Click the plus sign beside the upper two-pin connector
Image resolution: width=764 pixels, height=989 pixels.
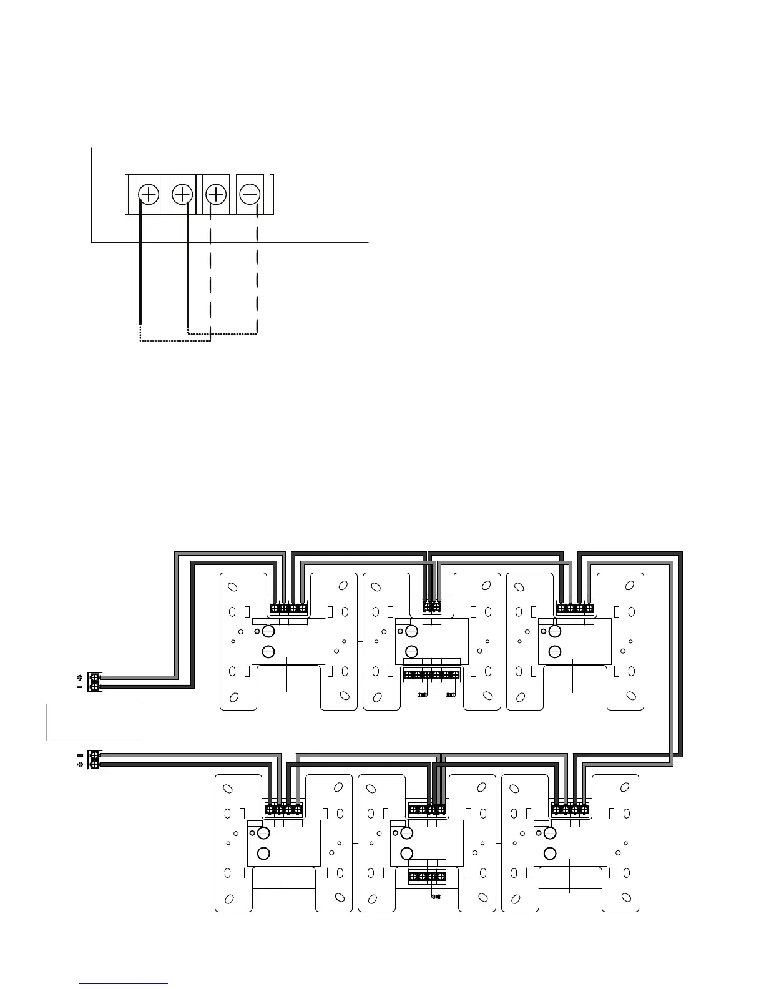79,677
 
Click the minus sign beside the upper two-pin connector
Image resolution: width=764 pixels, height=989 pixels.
79,686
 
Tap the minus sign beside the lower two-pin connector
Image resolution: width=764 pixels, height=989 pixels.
79,755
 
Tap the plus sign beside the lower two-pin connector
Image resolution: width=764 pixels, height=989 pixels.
79,764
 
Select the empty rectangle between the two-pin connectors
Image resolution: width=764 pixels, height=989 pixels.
95,722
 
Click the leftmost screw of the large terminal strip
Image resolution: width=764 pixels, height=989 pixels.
149,194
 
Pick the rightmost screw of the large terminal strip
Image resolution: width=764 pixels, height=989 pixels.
250,194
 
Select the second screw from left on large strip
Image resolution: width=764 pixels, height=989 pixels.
182,194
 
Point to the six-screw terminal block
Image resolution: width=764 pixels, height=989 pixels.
431,674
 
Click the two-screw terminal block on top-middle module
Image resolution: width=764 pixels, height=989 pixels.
431,607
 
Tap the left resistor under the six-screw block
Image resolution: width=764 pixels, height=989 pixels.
422,694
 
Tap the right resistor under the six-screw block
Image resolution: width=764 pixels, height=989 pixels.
450,694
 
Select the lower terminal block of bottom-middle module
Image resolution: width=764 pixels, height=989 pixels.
428,877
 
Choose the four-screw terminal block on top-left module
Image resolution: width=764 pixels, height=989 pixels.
288,607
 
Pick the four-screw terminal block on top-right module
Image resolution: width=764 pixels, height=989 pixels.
575,607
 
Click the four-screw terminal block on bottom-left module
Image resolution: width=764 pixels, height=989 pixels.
284,810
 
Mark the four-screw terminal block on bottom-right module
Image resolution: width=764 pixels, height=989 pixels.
571,810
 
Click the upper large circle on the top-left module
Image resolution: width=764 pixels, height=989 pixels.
268,631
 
